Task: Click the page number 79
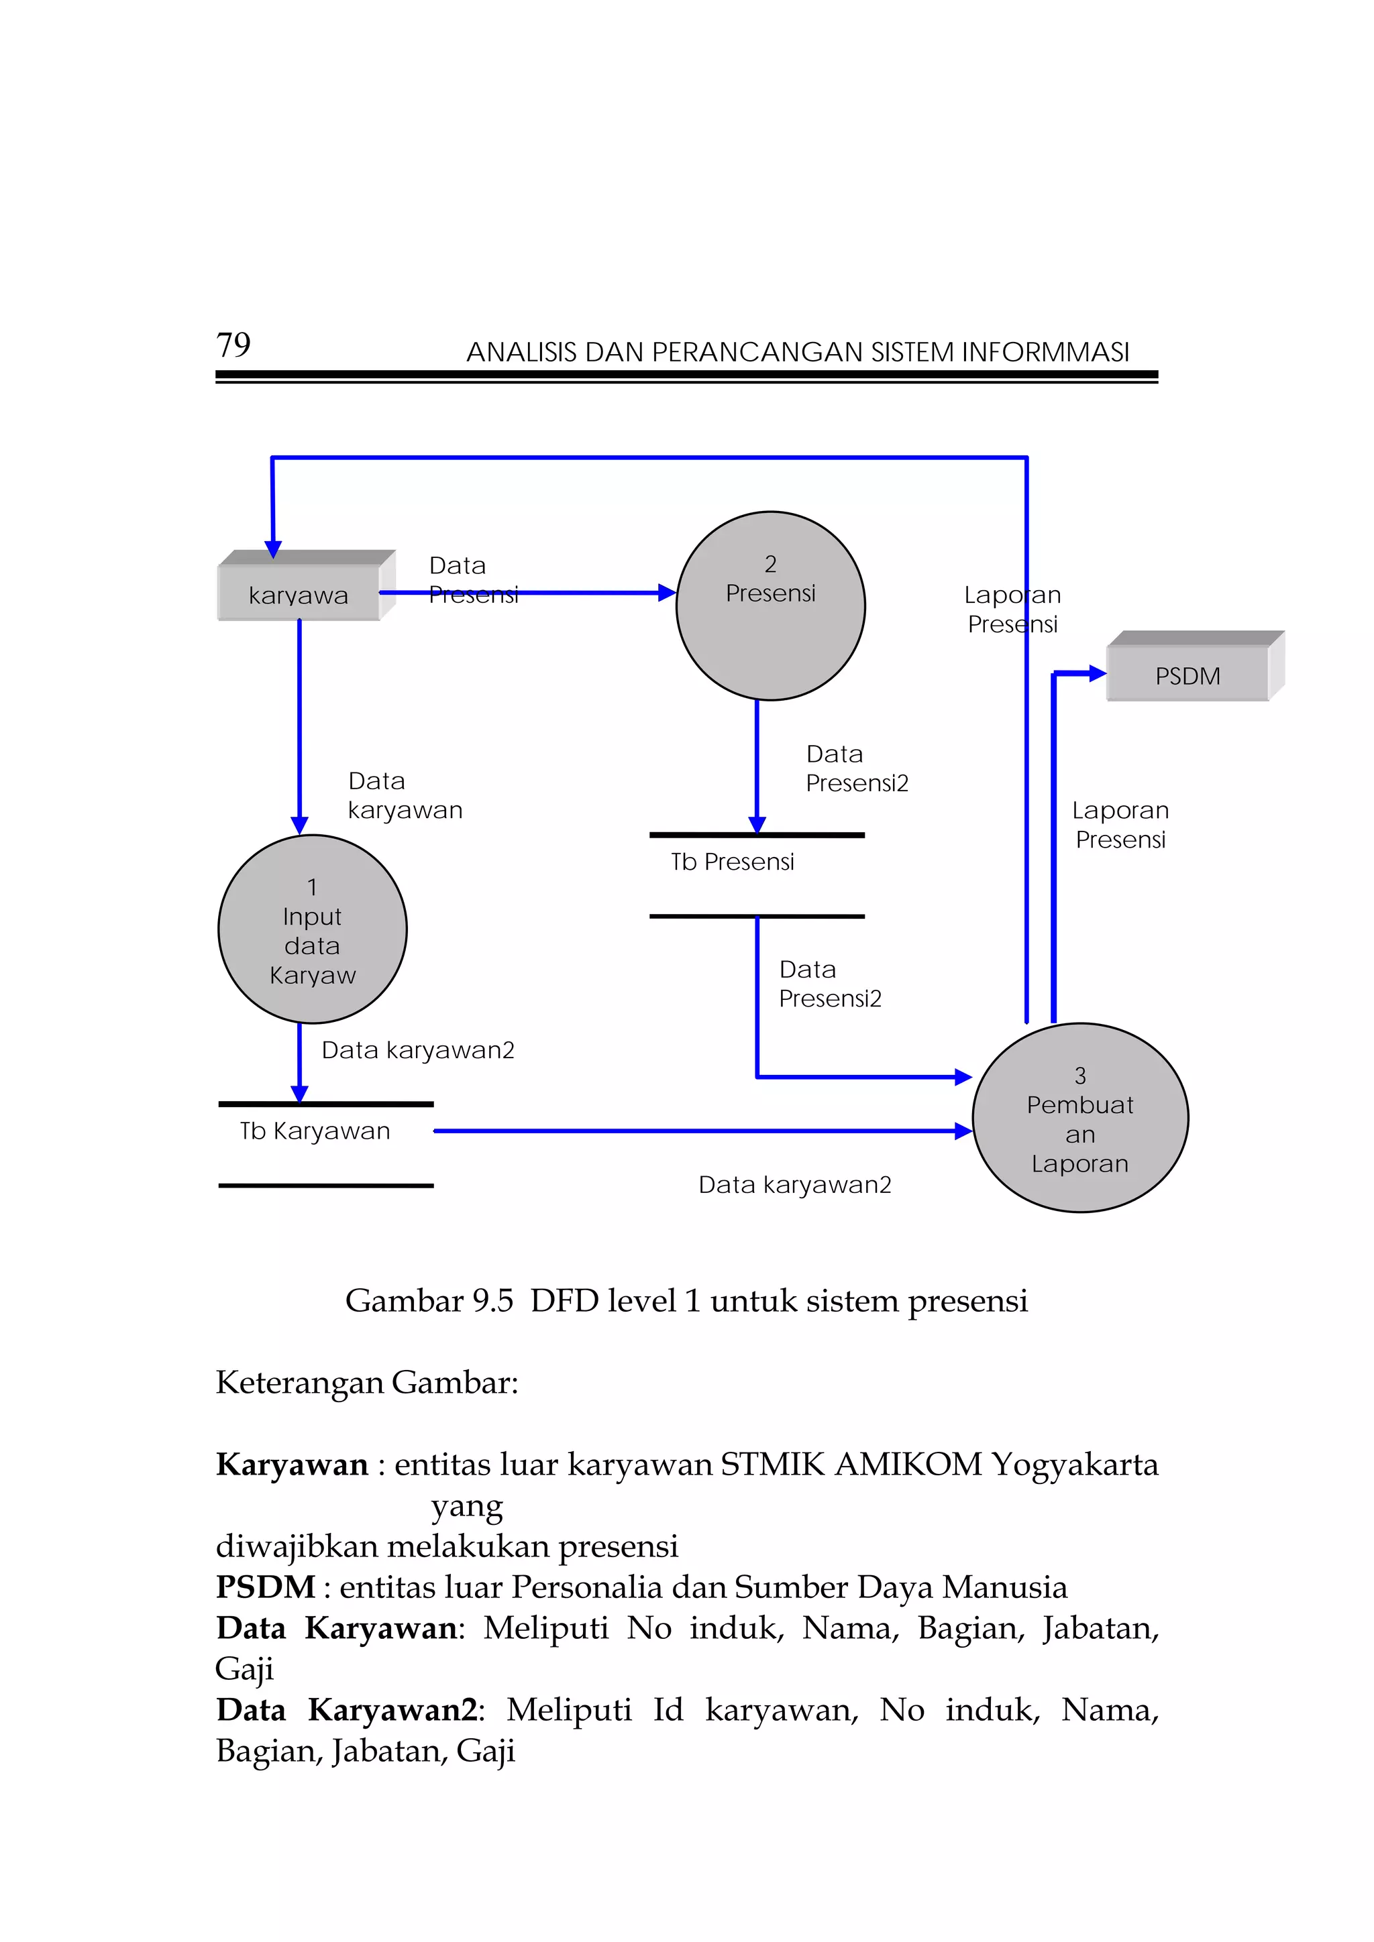(x=233, y=345)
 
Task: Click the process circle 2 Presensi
(x=771, y=606)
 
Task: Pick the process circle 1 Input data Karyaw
(x=312, y=929)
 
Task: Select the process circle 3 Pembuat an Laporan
(x=1079, y=1118)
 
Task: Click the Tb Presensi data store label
(x=733, y=862)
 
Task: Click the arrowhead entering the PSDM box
(x=1098, y=673)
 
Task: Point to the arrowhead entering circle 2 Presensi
(x=667, y=593)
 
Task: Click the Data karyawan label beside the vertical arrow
(x=405, y=795)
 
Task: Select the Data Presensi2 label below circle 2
(x=856, y=768)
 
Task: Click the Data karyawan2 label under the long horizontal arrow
(x=794, y=1184)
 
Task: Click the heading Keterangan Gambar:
(x=366, y=1382)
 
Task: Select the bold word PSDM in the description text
(x=265, y=1587)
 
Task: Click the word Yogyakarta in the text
(x=1075, y=1464)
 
